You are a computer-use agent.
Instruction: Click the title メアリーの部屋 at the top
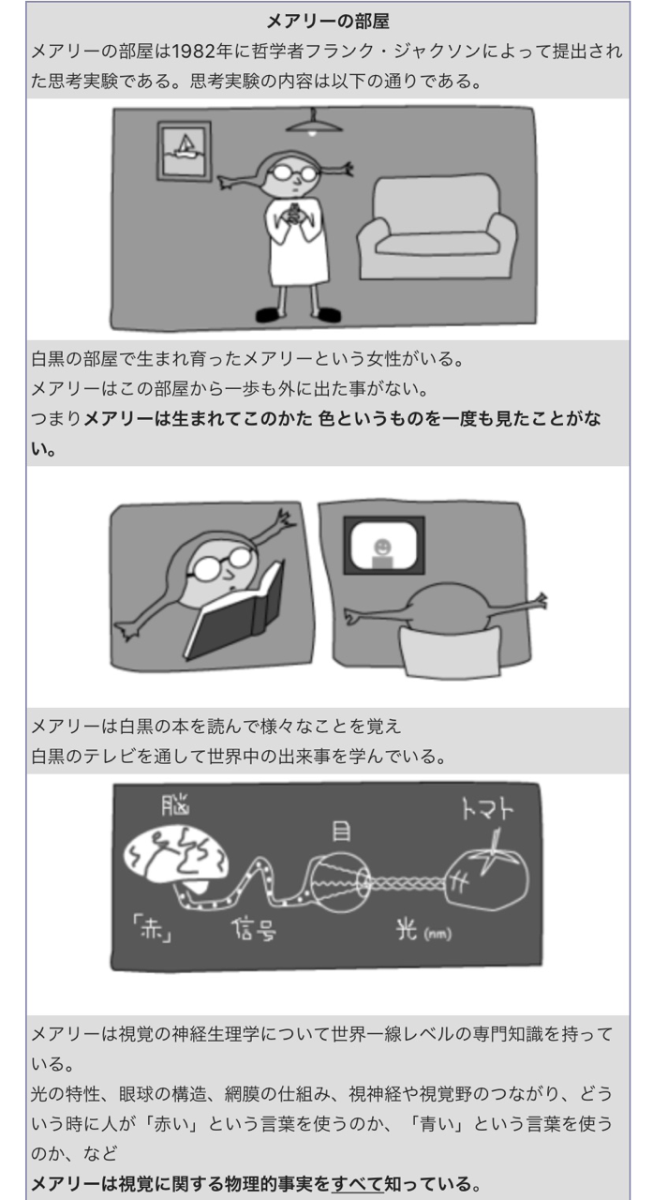[x=327, y=21]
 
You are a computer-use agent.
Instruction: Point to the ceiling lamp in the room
[x=312, y=121]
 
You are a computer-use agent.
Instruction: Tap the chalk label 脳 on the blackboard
[x=174, y=805]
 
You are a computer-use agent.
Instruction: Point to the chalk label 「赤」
[x=150, y=934]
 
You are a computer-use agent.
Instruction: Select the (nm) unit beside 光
[x=438, y=936]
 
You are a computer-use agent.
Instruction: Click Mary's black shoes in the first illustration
[x=295, y=315]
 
